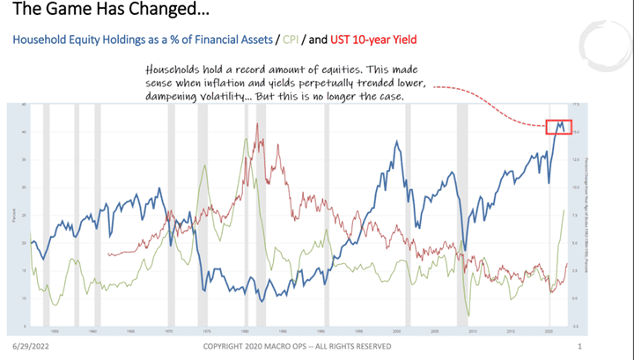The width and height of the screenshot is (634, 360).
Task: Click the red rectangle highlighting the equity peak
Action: point(558,127)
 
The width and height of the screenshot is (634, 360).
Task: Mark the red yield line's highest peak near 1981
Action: point(257,124)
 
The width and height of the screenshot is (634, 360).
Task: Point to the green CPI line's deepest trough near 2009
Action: point(468,314)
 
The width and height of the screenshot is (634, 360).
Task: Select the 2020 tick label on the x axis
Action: point(548,332)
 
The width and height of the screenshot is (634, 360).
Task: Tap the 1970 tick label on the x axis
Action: point(166,332)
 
